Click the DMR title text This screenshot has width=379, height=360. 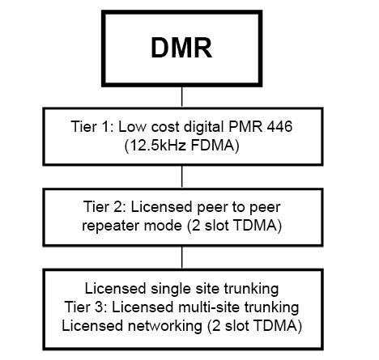[x=181, y=49]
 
